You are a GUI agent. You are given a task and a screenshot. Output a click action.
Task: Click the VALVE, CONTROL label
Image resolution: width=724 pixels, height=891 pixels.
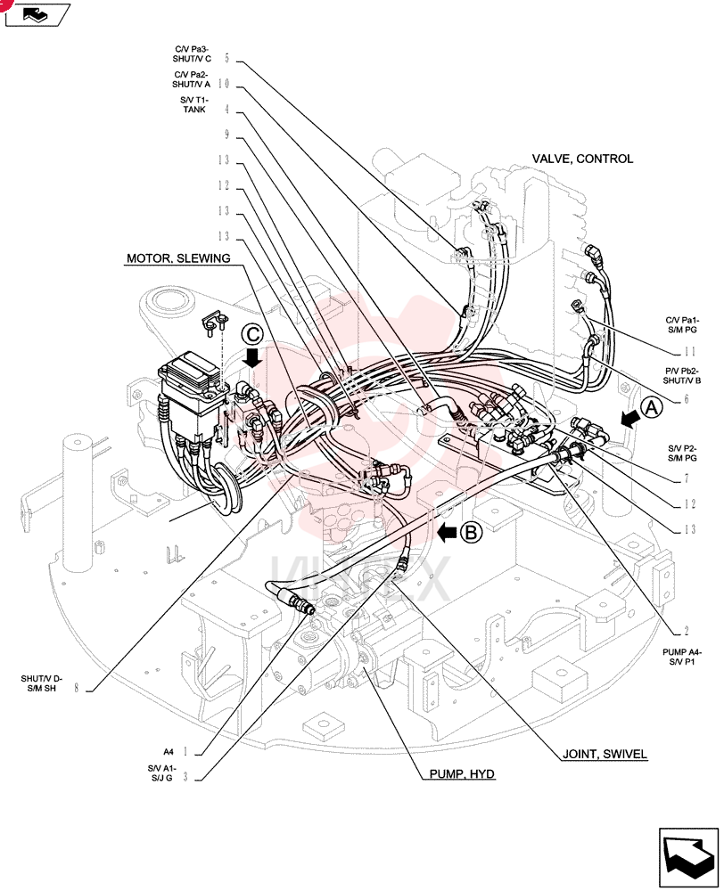pyautogui.click(x=582, y=159)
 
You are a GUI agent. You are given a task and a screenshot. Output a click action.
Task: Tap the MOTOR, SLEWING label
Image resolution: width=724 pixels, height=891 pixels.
pyautogui.click(x=178, y=258)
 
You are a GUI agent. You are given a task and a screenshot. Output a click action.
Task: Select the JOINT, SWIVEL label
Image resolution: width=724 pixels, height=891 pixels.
pyautogui.click(x=605, y=754)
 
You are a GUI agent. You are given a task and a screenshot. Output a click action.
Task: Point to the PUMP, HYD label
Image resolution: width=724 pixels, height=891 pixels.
pyautogui.click(x=462, y=774)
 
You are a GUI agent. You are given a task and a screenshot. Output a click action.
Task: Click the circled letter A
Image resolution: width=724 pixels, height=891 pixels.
pyautogui.click(x=652, y=408)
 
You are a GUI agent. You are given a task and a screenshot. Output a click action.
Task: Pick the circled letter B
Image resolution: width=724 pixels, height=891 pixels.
pyautogui.click(x=471, y=533)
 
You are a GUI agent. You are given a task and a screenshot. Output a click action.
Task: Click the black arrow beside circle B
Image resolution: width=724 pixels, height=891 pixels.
pyautogui.click(x=447, y=533)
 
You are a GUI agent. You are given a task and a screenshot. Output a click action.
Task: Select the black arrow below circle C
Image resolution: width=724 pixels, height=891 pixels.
pyautogui.click(x=252, y=358)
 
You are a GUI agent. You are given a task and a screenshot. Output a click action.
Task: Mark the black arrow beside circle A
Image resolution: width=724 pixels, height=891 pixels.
pyautogui.click(x=629, y=419)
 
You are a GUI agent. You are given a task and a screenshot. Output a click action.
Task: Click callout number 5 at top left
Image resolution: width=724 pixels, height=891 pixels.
pyautogui.click(x=227, y=58)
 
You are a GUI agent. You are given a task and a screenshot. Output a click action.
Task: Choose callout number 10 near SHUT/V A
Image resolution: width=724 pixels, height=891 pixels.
pyautogui.click(x=224, y=84)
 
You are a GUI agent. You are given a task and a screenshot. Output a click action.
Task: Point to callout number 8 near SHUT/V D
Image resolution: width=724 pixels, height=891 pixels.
pyautogui.click(x=76, y=688)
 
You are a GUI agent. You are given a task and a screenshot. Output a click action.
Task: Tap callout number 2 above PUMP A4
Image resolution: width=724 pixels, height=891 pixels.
pyautogui.click(x=687, y=631)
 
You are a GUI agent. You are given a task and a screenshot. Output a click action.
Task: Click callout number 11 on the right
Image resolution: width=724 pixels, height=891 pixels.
pyautogui.click(x=689, y=351)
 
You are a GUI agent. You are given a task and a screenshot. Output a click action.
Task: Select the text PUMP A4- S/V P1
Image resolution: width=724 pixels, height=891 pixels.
pyautogui.click(x=682, y=657)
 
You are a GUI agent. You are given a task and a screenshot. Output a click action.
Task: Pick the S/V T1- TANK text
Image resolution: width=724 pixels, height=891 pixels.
pyautogui.click(x=194, y=104)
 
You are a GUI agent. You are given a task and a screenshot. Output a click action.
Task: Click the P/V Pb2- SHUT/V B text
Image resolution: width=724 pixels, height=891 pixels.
pyautogui.click(x=681, y=376)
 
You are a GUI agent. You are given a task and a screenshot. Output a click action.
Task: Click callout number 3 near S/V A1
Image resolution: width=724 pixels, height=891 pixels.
pyautogui.click(x=185, y=777)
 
